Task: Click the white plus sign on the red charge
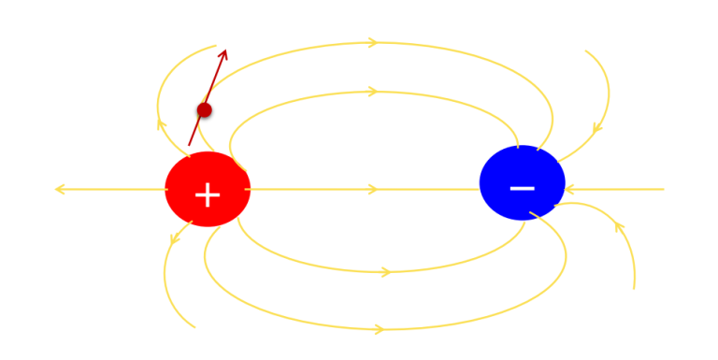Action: [208, 195]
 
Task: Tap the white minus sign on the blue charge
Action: [522, 188]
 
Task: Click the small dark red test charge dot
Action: [204, 110]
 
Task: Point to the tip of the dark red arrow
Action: [225, 50]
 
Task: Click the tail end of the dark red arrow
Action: [189, 146]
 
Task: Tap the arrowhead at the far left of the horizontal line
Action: [59, 189]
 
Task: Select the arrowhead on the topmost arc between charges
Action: [373, 42]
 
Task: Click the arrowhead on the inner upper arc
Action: [373, 92]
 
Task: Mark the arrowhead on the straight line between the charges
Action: [373, 189]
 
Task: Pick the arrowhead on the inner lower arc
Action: [385, 272]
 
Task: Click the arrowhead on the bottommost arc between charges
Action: [380, 329]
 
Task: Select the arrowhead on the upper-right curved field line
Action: [596, 128]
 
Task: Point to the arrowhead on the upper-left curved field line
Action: [161, 123]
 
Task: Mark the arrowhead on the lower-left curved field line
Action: [175, 239]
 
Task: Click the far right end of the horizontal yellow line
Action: [664, 189]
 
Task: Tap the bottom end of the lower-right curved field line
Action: [634, 289]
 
